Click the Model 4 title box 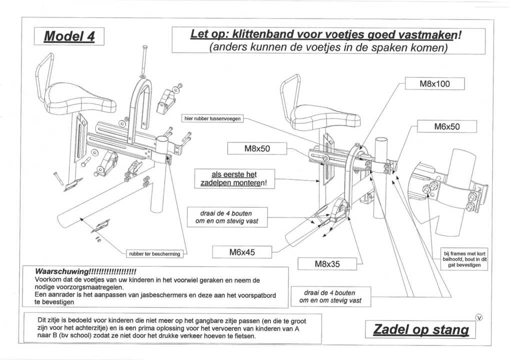click(69, 37)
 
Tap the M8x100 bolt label click(434, 84)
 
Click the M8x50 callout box click(257, 149)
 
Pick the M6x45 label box click(242, 252)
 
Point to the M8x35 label click(327, 264)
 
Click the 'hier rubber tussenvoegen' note click(212, 119)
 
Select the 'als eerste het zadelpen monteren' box click(234, 178)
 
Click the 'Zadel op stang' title click(421, 330)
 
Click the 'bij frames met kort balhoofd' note click(465, 259)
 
